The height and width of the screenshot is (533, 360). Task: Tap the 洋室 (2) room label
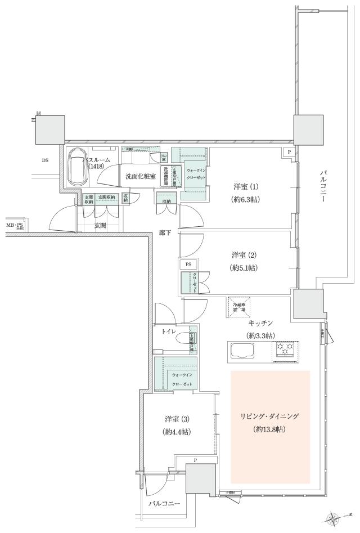(x=244, y=254)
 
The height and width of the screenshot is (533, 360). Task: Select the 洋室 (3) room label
(x=177, y=419)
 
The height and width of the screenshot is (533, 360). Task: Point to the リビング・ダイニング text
(x=270, y=416)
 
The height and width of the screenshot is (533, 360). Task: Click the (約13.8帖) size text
(x=270, y=429)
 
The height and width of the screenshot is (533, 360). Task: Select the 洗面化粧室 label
(x=141, y=176)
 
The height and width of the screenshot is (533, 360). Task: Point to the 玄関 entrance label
(x=100, y=225)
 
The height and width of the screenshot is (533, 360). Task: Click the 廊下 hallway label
(x=165, y=232)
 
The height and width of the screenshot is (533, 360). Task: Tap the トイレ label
(x=169, y=333)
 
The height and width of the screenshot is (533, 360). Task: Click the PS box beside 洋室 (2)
(x=188, y=263)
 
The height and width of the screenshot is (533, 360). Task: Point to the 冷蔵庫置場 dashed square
(x=239, y=307)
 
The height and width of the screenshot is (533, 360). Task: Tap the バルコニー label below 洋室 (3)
(x=164, y=503)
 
